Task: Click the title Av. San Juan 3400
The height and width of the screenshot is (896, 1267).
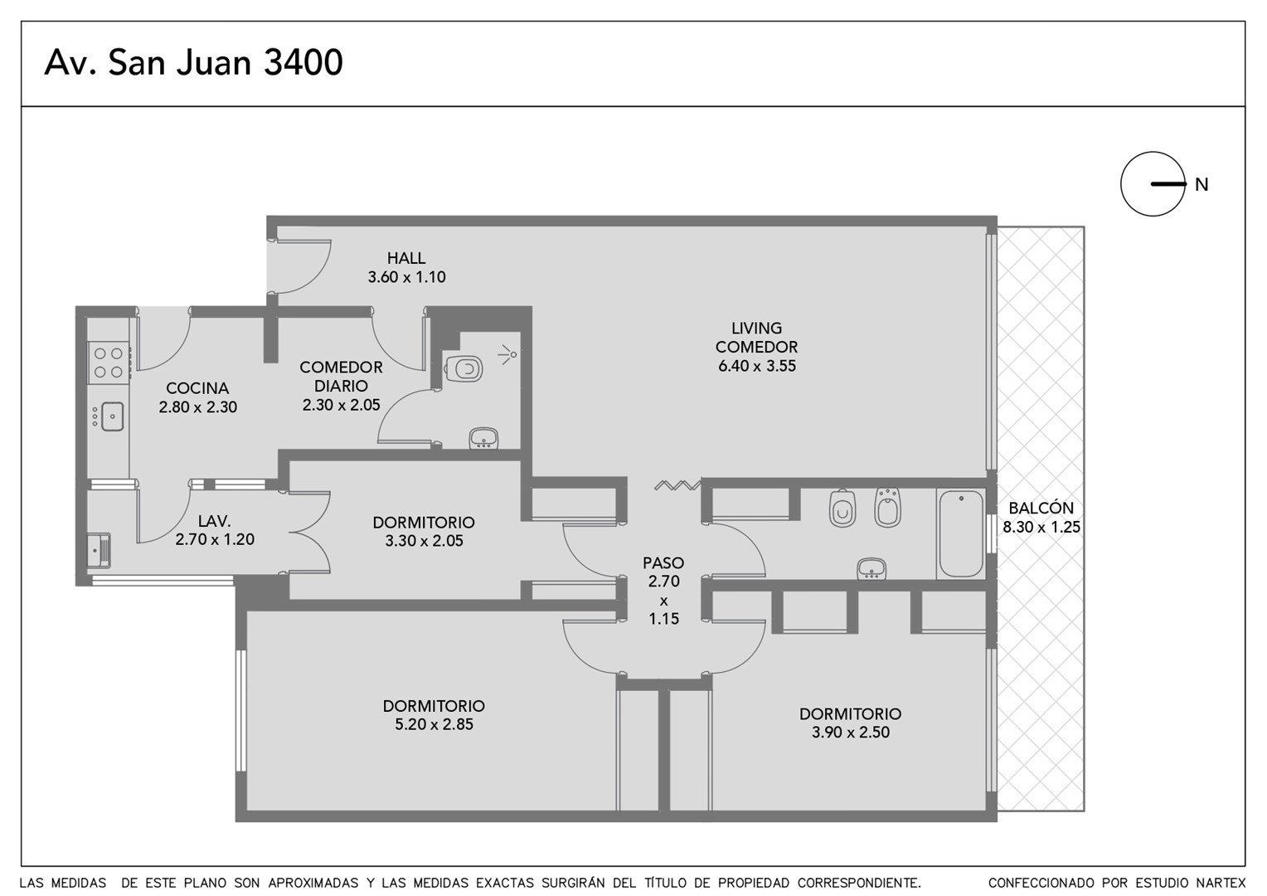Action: (193, 62)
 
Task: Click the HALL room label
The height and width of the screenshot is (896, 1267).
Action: (406, 258)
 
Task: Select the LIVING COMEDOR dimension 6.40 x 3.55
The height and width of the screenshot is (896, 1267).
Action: (757, 366)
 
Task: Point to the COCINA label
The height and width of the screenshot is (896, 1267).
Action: (197, 388)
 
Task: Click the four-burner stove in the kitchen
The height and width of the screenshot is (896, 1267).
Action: (109, 363)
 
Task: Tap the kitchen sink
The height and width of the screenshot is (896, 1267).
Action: (112, 416)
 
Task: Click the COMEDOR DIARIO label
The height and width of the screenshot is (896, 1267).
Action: (341, 377)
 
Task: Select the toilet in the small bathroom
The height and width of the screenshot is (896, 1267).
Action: (464, 369)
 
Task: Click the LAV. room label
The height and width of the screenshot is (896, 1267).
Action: (215, 521)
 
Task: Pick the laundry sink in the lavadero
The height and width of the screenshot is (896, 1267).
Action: (99, 549)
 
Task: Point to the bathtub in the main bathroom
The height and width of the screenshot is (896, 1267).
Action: (961, 533)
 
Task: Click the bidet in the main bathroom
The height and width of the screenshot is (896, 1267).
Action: (887, 507)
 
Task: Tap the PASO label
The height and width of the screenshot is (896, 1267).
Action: (663, 563)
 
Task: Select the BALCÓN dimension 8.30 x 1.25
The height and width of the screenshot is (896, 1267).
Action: (1041, 528)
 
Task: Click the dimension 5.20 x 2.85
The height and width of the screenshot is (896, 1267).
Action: (434, 724)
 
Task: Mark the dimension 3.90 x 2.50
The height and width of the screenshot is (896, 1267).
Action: (851, 733)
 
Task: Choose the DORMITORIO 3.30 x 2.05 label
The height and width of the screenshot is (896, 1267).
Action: (424, 532)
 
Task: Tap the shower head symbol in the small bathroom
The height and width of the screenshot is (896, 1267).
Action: (508, 355)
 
